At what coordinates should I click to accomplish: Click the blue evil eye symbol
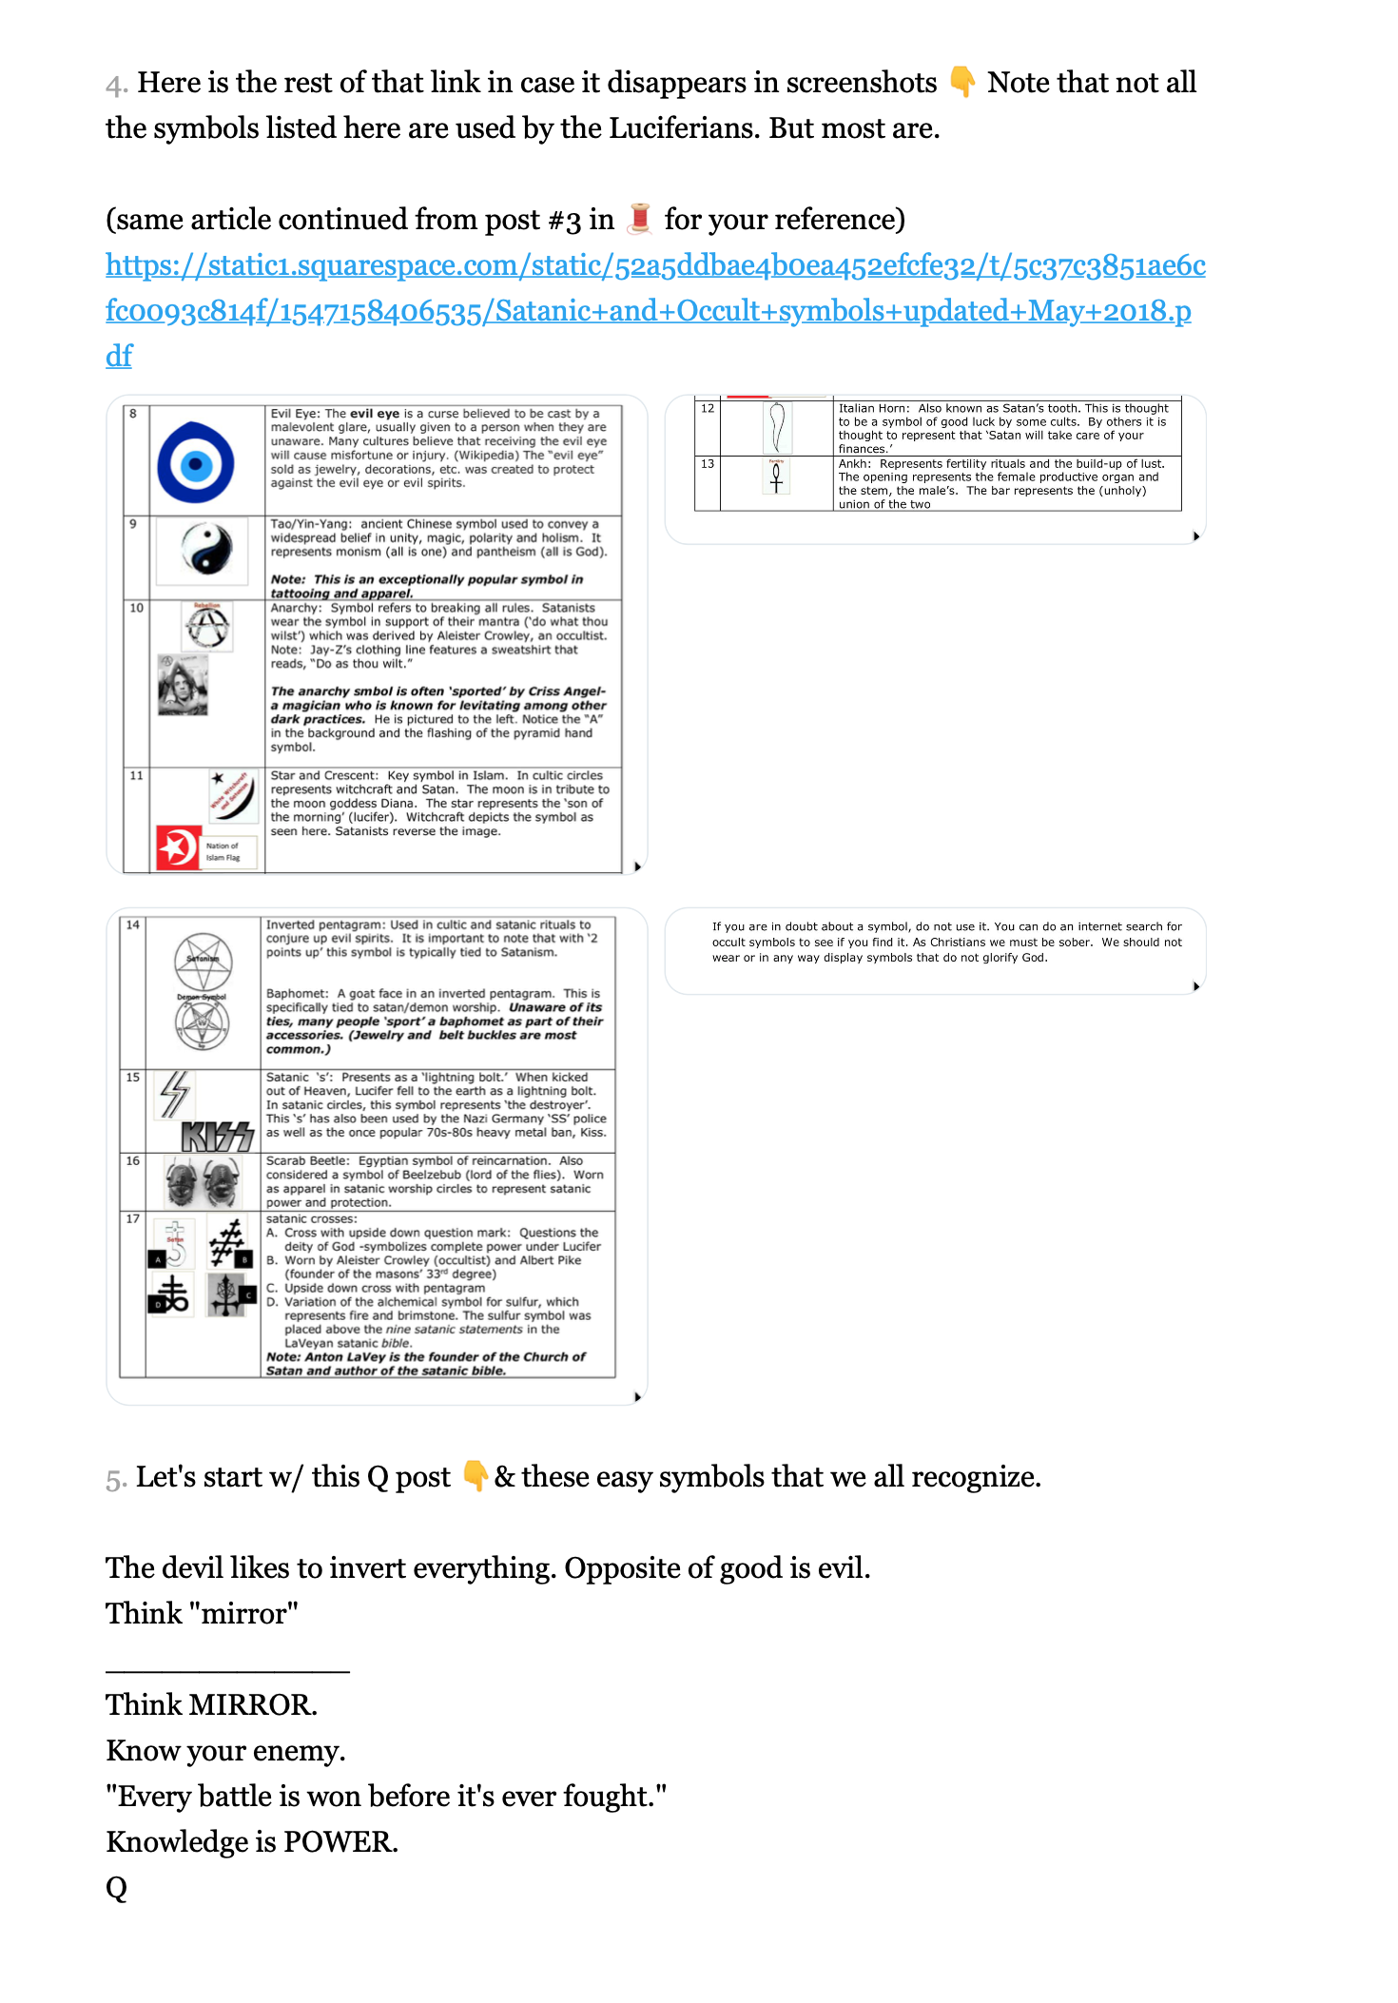[196, 463]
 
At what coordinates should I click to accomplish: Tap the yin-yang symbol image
[207, 550]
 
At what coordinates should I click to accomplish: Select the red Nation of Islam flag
[178, 847]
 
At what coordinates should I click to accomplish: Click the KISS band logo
[218, 1136]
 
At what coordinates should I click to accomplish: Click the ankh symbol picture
[776, 476]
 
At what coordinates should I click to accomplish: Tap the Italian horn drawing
[777, 427]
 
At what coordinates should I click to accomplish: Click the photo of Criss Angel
[183, 685]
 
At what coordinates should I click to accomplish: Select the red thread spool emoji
[640, 219]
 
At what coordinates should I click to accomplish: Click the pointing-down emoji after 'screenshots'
[962, 82]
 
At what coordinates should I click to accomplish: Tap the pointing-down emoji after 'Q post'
[474, 1476]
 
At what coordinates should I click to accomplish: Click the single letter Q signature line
[116, 1887]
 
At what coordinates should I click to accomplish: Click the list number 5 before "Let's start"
[114, 1478]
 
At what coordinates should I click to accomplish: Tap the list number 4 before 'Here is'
[115, 84]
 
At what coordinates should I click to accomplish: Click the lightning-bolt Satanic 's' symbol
[175, 1094]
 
